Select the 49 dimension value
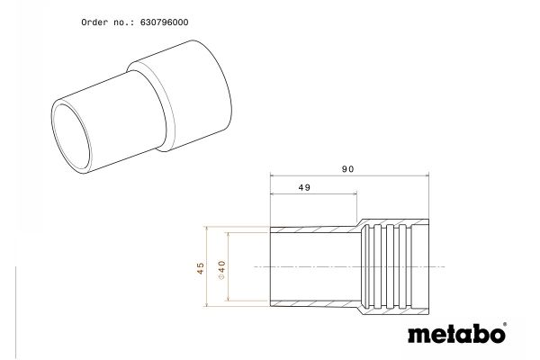click(x=303, y=188)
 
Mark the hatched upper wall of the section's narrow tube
click(x=315, y=226)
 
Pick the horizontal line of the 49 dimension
click(x=314, y=197)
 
